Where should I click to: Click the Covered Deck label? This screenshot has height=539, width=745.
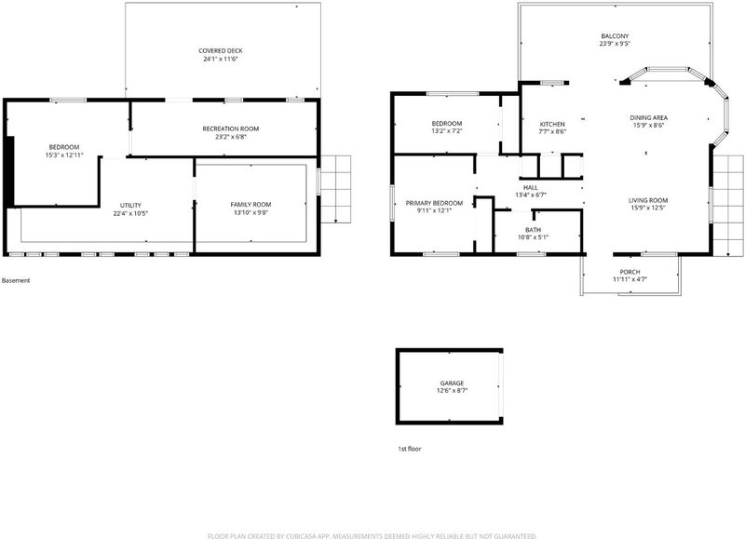coord(221,51)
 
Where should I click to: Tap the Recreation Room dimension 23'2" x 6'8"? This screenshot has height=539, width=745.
coord(231,137)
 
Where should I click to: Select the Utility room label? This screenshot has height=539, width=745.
coord(130,206)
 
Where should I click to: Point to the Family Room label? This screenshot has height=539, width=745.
coord(251,205)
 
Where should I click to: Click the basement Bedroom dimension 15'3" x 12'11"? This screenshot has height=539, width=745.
coord(64,155)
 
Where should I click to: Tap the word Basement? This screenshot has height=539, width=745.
coord(16,280)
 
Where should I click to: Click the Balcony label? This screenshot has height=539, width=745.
coord(615,36)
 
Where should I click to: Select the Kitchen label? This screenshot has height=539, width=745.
coord(552,125)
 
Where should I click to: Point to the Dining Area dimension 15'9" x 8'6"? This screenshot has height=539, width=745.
coord(648,126)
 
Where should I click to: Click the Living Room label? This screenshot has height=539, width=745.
coord(648,200)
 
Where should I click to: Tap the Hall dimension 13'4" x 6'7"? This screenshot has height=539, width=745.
coord(531,195)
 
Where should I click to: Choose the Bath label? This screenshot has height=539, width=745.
coord(533,230)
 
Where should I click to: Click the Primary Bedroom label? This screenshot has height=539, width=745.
coord(434,203)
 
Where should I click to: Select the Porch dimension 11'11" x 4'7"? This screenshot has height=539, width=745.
coord(630,279)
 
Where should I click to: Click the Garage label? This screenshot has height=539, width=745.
coord(452,384)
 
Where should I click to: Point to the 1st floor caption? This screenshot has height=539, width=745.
coord(410,449)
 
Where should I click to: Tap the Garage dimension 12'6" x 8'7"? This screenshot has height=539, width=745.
coord(453,391)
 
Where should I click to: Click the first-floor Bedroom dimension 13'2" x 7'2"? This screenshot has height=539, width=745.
coord(447,131)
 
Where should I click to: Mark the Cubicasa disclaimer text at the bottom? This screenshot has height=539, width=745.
coord(372,536)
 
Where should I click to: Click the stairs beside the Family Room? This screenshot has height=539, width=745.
coord(336,189)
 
